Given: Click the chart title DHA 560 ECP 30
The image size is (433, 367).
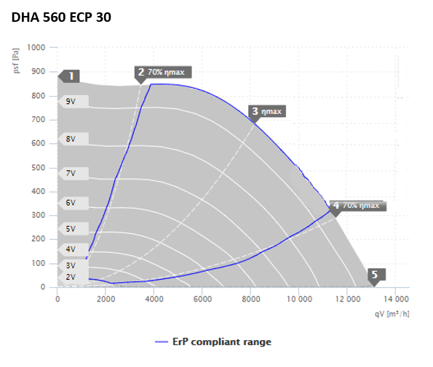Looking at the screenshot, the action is click(61, 17).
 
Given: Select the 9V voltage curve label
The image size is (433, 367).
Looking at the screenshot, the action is click(74, 102).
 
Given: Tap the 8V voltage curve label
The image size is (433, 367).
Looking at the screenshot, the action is click(74, 139).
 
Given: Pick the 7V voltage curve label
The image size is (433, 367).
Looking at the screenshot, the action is click(74, 174).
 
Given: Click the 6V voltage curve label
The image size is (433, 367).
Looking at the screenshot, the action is click(74, 203).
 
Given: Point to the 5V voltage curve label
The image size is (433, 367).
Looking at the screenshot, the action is click(74, 229).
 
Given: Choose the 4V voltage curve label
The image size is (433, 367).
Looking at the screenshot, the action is click(74, 249).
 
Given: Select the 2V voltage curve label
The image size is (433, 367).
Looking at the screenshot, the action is click(74, 277).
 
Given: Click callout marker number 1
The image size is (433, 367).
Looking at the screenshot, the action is click(68, 76).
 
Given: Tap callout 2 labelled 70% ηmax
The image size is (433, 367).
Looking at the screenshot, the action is click(163, 73).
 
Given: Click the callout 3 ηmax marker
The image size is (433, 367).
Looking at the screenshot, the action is click(267, 112).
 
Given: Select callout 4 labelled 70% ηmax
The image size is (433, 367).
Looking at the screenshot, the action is click(358, 206).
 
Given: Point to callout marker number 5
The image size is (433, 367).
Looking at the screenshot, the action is click(377, 275).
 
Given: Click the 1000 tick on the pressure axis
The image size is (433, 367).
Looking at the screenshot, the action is click(36, 47).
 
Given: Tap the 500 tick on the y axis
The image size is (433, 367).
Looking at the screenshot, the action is click(38, 168).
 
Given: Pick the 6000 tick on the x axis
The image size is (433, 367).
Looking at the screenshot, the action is click(202, 299).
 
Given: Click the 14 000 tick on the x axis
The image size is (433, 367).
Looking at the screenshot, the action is click(396, 299).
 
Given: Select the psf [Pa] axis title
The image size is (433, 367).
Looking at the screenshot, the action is click(16, 60).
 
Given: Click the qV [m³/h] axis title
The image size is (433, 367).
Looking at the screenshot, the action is click(392, 314).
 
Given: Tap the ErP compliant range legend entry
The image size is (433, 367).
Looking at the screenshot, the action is click(213, 342).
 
